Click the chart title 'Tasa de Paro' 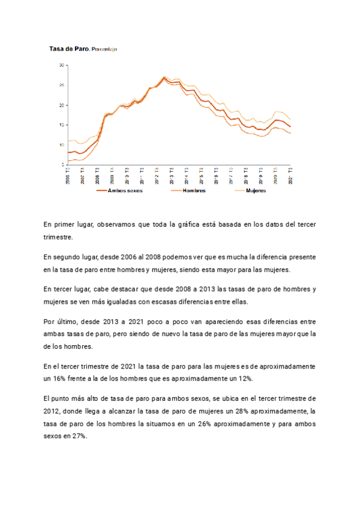[x=69, y=49]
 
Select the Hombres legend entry [x=194, y=190]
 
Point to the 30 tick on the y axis [x=61, y=65]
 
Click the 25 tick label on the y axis [x=61, y=85]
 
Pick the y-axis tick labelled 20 [x=61, y=105]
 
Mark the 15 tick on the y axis [x=61, y=125]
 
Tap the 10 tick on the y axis [x=61, y=145]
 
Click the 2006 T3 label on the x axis [x=68, y=176]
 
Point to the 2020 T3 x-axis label [x=275, y=176]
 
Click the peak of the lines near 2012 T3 [x=164, y=77]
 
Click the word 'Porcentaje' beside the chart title [x=104, y=49]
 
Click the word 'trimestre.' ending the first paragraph [x=58, y=236]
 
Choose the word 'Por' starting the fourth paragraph [x=50, y=321]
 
